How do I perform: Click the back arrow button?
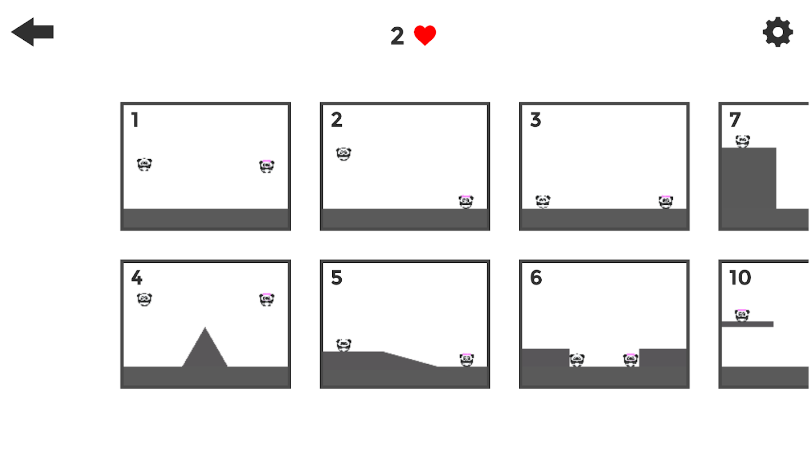tap(32, 32)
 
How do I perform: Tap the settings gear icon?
tap(778, 32)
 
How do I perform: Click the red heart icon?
tap(425, 35)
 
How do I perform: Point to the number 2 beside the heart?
tap(397, 36)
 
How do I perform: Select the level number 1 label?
tap(135, 120)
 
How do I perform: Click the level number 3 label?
tap(535, 120)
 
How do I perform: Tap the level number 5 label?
tap(336, 278)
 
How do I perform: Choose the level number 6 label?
tap(536, 278)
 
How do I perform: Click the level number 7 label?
tap(735, 120)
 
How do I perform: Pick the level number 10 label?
tap(740, 278)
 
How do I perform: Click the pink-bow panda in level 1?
tap(267, 166)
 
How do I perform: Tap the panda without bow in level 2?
tap(343, 154)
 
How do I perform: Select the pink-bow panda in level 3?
tap(666, 201)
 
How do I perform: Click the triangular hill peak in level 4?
tap(205, 328)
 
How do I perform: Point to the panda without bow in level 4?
tap(144, 299)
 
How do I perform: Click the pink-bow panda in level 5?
tap(467, 359)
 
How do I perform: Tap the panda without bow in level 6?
tap(577, 359)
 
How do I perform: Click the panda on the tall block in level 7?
tap(742, 141)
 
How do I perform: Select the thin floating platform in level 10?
tap(747, 324)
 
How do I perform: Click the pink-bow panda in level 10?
tap(742, 315)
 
